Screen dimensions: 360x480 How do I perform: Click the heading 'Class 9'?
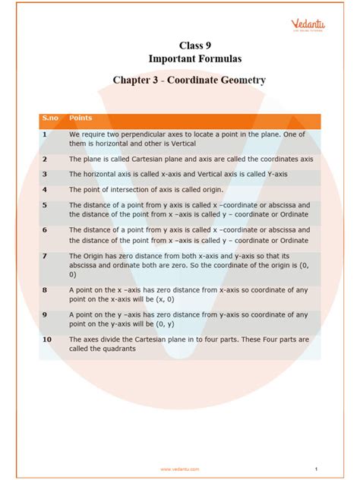[179, 45]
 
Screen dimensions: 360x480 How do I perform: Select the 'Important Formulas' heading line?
[179, 58]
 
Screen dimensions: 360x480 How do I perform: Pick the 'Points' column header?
[81, 118]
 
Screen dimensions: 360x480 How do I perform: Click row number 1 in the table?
[45, 134]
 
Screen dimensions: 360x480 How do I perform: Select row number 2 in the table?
[45, 159]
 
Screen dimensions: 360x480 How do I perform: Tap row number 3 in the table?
[45, 175]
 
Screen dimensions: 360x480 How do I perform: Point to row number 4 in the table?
[45, 190]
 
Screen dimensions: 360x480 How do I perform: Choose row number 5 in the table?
[45, 205]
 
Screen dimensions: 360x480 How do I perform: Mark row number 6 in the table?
[45, 229]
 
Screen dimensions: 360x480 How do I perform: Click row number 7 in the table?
[45, 256]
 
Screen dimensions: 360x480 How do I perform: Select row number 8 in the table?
[45, 290]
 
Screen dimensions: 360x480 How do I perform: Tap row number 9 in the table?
[45, 314]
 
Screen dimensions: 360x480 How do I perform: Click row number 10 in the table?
[46, 339]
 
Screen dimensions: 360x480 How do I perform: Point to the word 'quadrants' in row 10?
[118, 349]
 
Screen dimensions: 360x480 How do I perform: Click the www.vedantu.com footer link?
[180, 469]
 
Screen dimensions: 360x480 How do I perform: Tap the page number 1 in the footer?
[314, 469]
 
